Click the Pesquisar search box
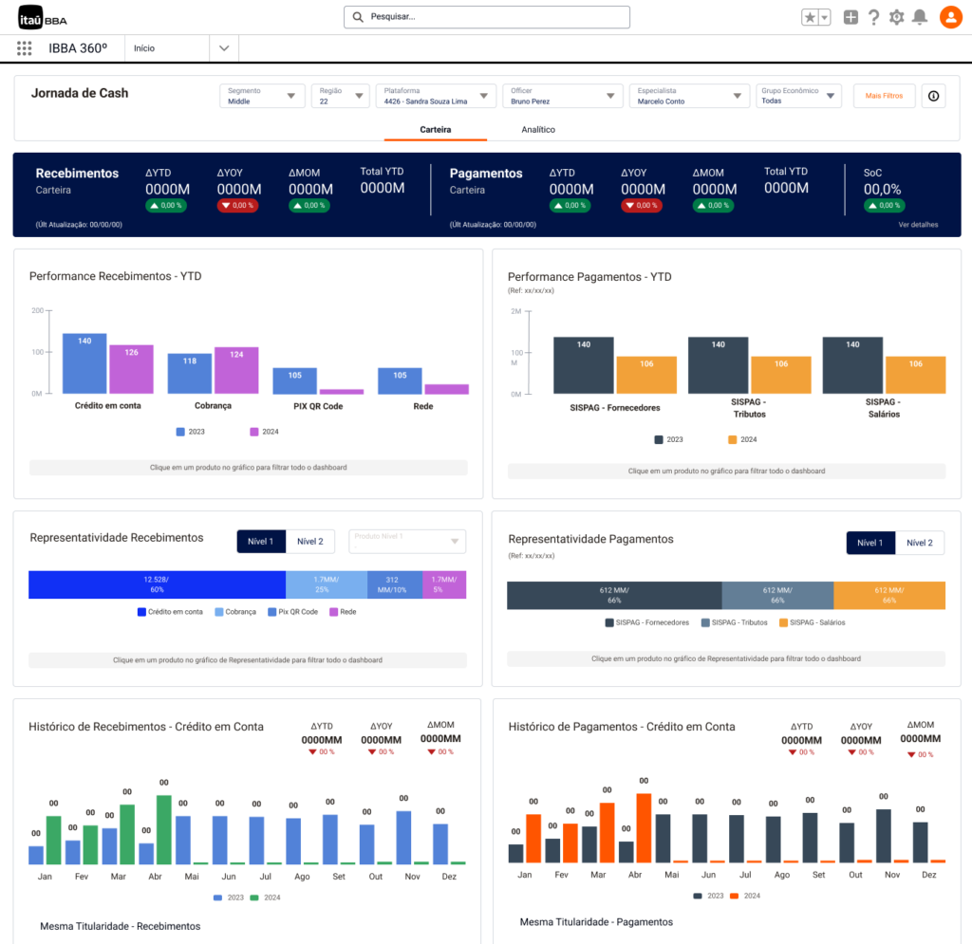486,17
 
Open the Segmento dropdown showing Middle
262,96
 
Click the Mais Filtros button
884,96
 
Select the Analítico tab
538,129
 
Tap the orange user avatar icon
950,17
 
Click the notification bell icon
920,17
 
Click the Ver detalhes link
918,225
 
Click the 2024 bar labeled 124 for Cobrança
236,370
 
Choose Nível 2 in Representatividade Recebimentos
310,542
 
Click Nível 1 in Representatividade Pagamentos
870,543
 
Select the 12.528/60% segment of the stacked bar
157,584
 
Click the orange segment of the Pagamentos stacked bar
889,595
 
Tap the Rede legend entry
343,612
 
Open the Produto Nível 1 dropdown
407,542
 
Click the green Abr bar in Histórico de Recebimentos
163,829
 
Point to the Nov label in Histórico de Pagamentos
891,875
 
